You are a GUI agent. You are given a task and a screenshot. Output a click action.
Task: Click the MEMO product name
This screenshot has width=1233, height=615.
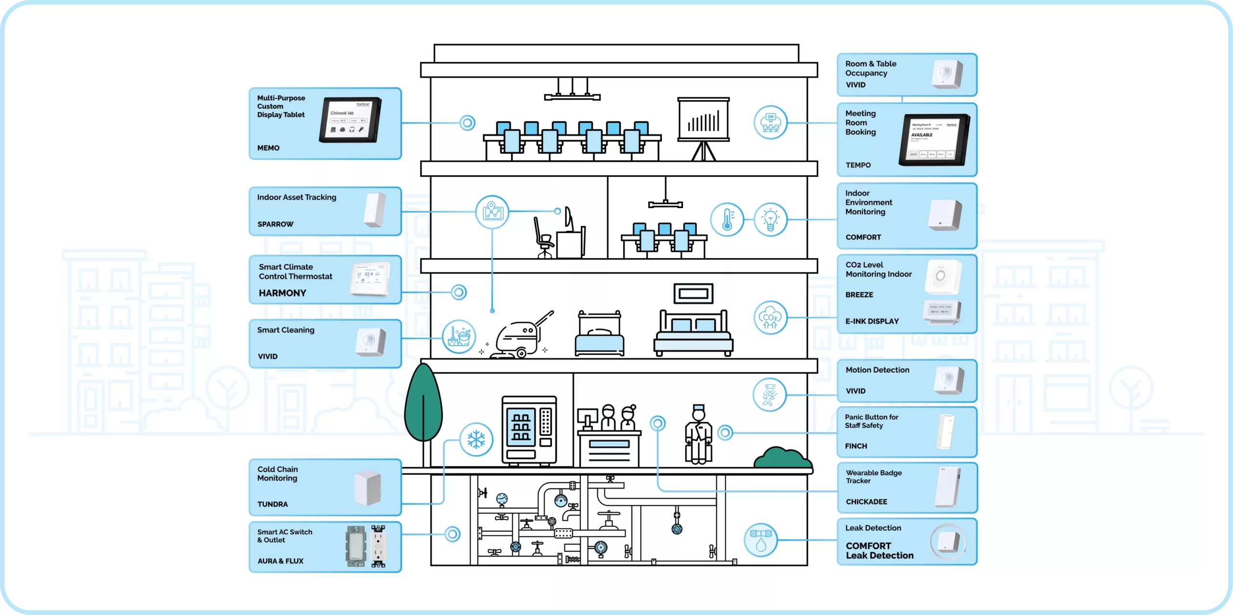268,148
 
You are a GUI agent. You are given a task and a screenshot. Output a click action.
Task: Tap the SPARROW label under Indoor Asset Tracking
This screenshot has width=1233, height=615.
275,224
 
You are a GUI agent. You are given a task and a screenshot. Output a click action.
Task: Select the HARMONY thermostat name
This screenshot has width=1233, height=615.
282,293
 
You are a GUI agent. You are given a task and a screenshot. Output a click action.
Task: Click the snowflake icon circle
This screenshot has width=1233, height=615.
476,439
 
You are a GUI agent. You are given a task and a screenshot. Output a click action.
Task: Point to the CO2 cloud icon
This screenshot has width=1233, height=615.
770,317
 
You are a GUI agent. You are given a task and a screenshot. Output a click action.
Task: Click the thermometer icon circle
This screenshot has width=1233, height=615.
727,220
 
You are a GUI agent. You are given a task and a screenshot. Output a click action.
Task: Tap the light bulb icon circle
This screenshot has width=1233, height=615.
770,220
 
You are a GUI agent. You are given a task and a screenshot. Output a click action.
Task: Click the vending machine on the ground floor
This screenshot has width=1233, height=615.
529,431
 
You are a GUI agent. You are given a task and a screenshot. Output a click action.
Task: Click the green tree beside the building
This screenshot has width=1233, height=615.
423,405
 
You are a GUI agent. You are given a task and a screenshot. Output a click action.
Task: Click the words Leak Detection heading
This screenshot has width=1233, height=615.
873,528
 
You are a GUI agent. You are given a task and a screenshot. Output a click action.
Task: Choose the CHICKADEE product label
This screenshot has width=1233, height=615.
866,501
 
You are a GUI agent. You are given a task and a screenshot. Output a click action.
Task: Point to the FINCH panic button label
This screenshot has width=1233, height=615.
856,446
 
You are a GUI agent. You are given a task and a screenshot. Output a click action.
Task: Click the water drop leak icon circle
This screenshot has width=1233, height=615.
761,540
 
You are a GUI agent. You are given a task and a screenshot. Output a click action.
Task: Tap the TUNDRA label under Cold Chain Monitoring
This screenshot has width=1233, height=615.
273,504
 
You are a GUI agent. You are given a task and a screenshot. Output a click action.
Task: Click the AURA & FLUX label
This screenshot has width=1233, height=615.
280,561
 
